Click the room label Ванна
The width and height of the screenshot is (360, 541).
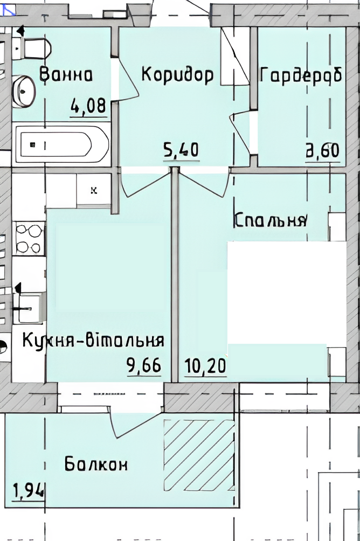66,74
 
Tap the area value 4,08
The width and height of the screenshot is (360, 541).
88,106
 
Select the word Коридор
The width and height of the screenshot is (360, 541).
177,75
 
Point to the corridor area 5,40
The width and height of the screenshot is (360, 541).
182,150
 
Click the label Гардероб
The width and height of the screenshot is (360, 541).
301,74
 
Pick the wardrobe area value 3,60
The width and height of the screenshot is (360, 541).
323,150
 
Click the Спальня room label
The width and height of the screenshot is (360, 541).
271,220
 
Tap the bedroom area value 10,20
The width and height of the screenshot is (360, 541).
205,366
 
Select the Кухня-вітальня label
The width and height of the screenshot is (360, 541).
93,341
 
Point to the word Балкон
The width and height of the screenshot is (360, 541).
96,464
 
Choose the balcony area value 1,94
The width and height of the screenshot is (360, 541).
29,490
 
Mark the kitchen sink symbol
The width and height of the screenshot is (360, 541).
29,308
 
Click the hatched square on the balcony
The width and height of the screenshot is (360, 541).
199,455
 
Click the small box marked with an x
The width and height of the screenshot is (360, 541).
94,190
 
